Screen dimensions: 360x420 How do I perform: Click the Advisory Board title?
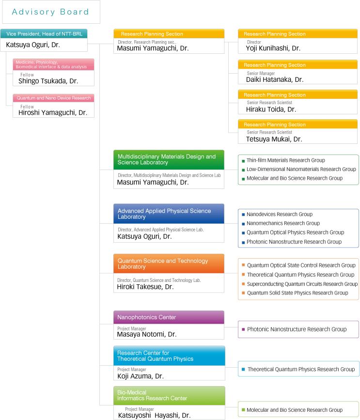tap(50, 12)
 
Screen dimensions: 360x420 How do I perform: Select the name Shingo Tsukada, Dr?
tap(48, 81)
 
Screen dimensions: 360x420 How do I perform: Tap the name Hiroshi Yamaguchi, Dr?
tap(53, 112)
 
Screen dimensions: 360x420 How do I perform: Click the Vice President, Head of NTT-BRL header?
tap(44, 34)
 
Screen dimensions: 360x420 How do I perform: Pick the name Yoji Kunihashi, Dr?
tap(273, 48)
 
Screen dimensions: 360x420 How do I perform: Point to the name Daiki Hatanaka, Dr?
tap(275, 79)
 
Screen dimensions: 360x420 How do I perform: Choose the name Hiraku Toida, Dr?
tap(271, 109)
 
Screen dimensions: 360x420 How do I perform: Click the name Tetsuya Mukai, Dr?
tap(274, 139)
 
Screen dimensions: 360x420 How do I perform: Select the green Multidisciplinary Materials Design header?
tap(169, 160)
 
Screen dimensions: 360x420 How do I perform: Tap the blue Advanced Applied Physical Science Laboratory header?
tap(169, 214)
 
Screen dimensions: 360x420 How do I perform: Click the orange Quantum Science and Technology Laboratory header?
tap(169, 264)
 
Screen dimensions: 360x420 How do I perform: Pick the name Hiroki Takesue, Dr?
tap(145, 287)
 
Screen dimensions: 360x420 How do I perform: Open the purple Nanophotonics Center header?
tap(169, 317)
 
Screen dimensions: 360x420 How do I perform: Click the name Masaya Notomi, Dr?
tap(147, 334)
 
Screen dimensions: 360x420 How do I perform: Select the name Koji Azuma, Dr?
tap(141, 376)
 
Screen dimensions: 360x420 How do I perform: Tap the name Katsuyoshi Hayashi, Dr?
tap(154, 416)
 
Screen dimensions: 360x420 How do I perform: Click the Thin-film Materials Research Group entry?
tap(285, 160)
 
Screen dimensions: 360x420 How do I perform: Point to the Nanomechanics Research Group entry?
tap(283, 223)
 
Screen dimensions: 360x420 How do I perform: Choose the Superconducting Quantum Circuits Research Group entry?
tap(302, 284)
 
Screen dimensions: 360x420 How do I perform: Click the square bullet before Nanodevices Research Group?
tap(243, 215)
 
